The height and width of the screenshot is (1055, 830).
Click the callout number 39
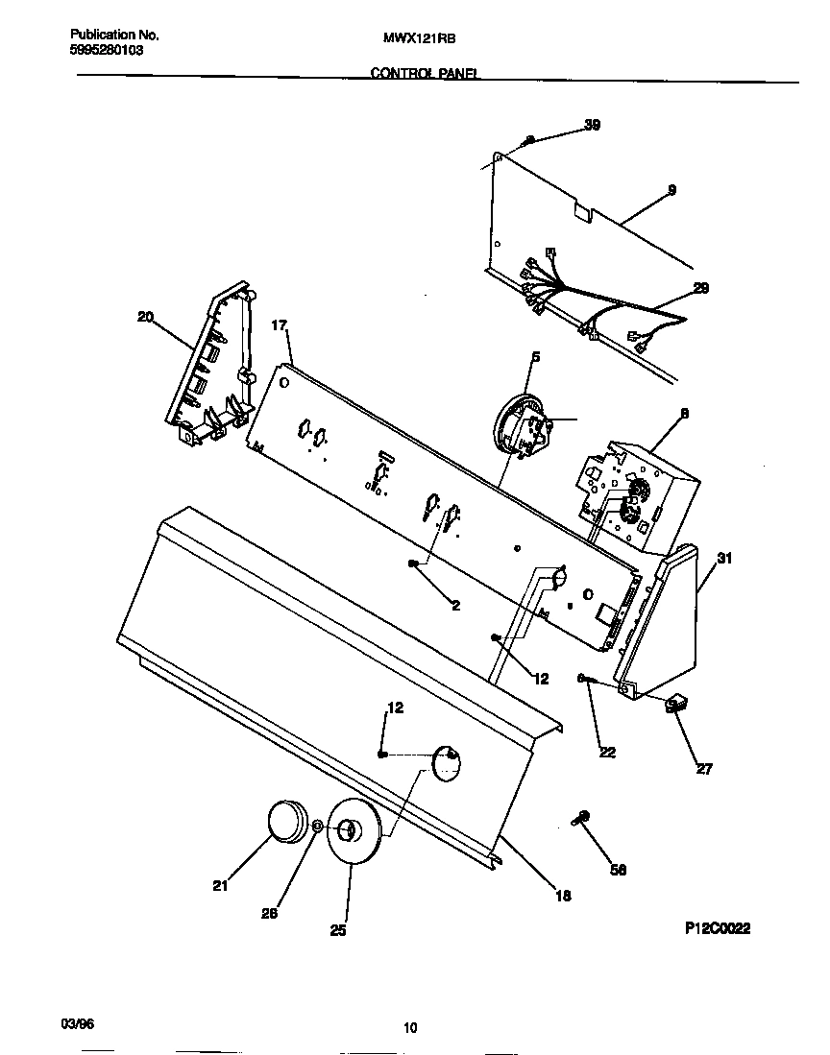pyautogui.click(x=593, y=125)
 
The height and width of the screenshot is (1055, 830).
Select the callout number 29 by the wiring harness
pyautogui.click(x=700, y=288)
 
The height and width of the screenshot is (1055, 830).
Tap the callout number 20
pyautogui.click(x=145, y=316)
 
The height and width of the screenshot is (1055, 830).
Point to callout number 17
pyautogui.click(x=279, y=325)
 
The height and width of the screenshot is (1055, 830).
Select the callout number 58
pyautogui.click(x=619, y=870)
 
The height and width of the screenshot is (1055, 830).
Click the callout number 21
pyautogui.click(x=221, y=887)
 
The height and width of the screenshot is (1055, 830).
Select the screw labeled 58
pyautogui.click(x=582, y=817)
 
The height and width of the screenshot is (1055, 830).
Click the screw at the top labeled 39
pyautogui.click(x=529, y=141)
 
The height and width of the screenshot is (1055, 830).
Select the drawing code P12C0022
pyautogui.click(x=717, y=928)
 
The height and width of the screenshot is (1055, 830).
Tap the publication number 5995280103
pyautogui.click(x=108, y=50)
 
